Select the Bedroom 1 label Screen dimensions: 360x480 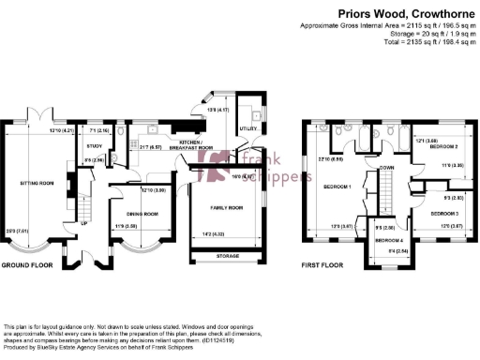[x=337, y=187]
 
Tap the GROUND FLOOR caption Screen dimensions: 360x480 [x=26, y=265]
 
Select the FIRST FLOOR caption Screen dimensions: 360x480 [x=321, y=265]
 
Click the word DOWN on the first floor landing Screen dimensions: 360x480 [x=386, y=167]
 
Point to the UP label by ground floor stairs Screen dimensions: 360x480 [x=83, y=224]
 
